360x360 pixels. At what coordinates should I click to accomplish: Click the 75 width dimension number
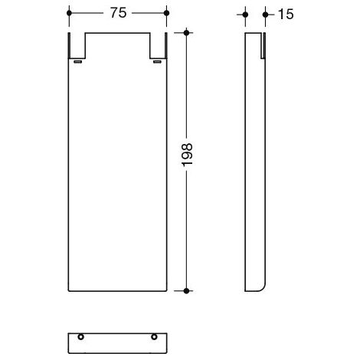coord(118,13)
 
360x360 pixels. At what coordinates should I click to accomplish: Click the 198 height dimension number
coord(187,155)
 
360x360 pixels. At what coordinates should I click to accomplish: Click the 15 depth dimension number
coord(286,14)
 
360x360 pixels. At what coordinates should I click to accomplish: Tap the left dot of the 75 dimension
coord(69,13)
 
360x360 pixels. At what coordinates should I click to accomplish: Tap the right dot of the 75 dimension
coord(166,13)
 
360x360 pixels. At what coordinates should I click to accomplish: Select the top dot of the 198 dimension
coord(186,33)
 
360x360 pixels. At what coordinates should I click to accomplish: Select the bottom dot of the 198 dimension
coord(186,291)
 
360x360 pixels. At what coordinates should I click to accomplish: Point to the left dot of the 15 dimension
coord(245,15)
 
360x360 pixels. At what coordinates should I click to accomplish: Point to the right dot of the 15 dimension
coord(265,15)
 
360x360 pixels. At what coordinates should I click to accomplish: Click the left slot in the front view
coord(77,61)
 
